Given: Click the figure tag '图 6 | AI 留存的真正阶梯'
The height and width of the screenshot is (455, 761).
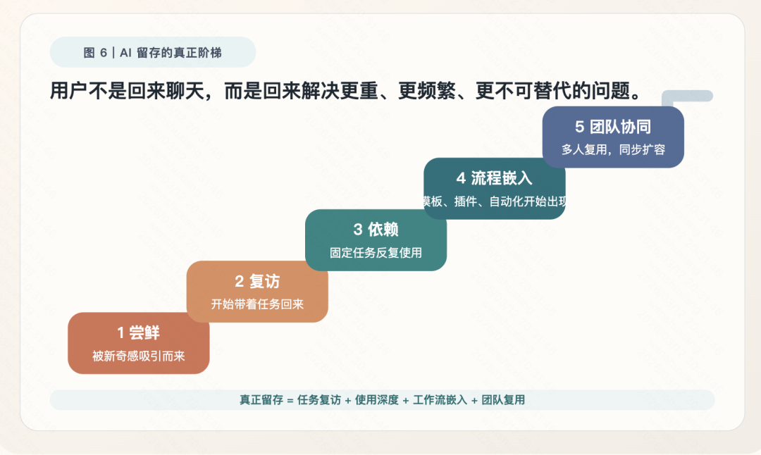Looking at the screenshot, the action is [152, 52].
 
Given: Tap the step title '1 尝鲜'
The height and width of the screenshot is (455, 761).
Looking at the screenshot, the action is [138, 332].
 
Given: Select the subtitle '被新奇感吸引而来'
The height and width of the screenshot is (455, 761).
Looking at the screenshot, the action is [139, 356].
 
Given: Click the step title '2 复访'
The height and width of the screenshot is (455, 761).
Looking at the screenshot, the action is [257, 281].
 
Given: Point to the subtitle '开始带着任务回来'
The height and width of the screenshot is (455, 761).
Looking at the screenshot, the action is [257, 304].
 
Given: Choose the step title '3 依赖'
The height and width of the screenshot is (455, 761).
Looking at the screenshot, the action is [376, 230].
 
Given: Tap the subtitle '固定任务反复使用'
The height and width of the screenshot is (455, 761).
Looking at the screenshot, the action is [376, 253].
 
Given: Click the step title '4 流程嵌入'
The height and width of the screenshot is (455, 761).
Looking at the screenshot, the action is [494, 178].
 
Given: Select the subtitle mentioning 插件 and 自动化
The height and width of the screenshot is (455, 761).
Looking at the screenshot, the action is [495, 201].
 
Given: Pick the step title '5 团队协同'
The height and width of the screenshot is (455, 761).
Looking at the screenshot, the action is [613, 127].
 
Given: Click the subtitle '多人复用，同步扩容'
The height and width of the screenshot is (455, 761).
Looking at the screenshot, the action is [613, 149].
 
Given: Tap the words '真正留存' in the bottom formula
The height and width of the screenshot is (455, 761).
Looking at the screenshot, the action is [261, 399].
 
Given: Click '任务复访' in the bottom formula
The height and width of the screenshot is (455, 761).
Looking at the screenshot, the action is [319, 399].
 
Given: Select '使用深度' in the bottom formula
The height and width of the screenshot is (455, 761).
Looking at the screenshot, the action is [376, 399].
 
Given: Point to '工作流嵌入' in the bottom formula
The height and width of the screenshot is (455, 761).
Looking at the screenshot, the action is [440, 399].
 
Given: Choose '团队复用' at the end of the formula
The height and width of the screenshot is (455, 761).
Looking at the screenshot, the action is [503, 399].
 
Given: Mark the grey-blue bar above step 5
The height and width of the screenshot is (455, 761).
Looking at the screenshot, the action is [687, 96].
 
